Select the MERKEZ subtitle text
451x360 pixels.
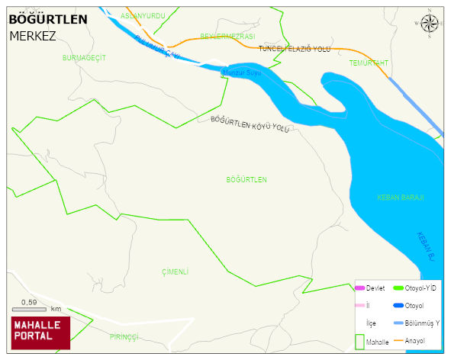(33, 35)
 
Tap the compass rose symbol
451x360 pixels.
(430, 24)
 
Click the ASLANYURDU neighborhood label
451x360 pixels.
(143, 15)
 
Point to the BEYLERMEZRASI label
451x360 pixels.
(227, 37)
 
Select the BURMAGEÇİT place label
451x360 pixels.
(84, 58)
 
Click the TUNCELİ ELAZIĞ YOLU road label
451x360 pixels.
(295, 49)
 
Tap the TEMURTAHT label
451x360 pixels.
(369, 63)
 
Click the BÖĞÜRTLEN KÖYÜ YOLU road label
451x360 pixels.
(250, 124)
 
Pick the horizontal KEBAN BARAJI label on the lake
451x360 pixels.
(400, 198)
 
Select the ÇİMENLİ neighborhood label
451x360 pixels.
(175, 272)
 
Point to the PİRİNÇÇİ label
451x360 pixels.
(124, 336)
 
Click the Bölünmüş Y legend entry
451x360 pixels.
(420, 323)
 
